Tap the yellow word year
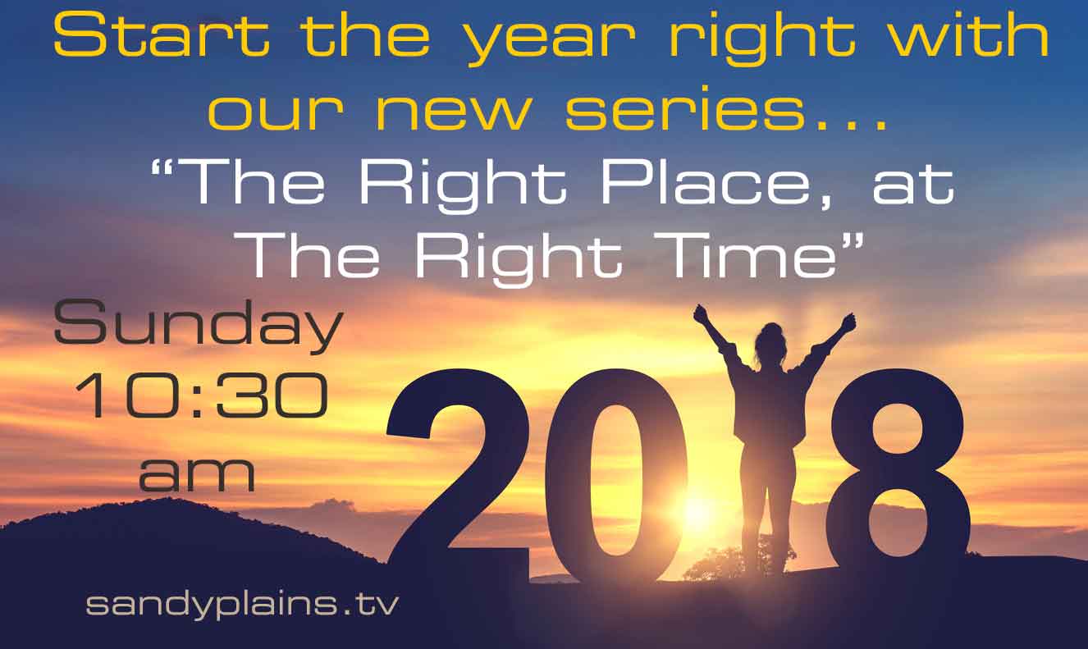click(551, 41)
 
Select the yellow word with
click(969, 33)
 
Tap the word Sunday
click(199, 327)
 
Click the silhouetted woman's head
click(770, 340)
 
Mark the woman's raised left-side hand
click(700, 313)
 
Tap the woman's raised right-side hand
click(848, 322)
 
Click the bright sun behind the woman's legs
click(699, 510)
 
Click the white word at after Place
click(913, 186)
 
